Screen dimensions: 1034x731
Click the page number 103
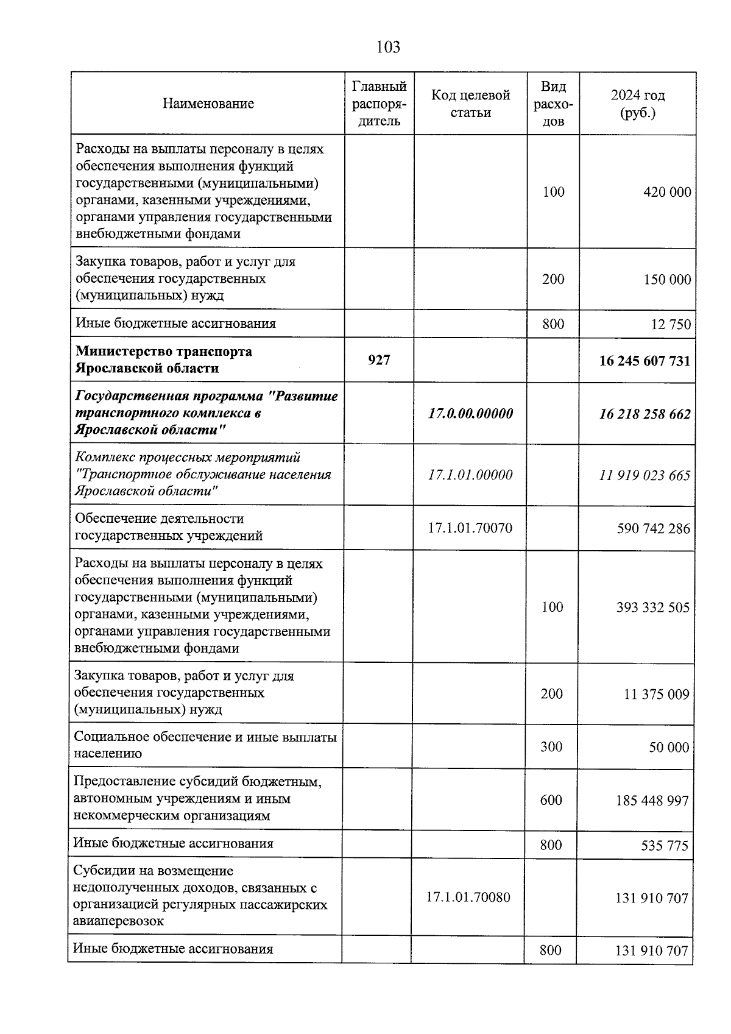click(388, 47)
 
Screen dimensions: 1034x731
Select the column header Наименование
click(208, 104)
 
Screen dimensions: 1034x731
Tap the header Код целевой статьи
click(470, 104)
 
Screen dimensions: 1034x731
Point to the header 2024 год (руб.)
click(637, 104)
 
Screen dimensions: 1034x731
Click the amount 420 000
click(667, 193)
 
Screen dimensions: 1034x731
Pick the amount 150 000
click(667, 280)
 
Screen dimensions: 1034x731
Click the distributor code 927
click(379, 361)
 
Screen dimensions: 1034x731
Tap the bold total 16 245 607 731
click(645, 361)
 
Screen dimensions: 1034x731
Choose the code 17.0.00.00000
click(470, 414)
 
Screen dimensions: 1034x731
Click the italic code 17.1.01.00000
click(470, 475)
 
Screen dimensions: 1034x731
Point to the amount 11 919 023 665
click(645, 475)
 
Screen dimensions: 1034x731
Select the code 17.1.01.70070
click(470, 528)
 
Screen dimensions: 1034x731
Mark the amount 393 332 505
click(652, 607)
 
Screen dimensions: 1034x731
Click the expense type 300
click(551, 747)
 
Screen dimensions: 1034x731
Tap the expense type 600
click(551, 800)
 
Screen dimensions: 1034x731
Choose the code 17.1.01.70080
click(468, 897)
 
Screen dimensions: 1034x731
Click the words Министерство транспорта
click(164, 352)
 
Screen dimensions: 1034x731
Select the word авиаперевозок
click(118, 921)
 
